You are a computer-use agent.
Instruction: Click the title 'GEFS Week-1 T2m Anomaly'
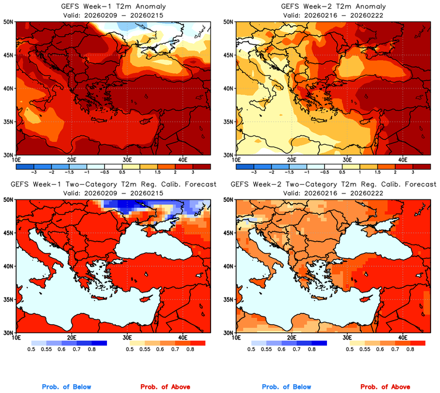113,7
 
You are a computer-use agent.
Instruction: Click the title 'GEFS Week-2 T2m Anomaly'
333,7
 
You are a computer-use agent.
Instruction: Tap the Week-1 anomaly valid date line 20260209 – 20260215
113,14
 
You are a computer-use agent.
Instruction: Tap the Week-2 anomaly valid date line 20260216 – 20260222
333,14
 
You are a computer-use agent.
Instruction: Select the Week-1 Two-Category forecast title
113,185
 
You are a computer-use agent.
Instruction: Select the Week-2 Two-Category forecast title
333,185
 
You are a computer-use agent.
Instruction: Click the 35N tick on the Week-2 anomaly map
228,122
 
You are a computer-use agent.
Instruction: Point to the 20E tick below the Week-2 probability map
291,338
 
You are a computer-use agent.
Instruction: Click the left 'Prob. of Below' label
66,387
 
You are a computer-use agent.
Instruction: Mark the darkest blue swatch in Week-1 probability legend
99,343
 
